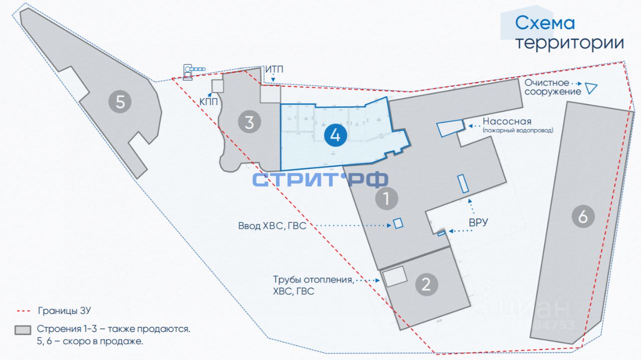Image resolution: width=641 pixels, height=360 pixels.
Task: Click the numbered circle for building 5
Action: (120, 102)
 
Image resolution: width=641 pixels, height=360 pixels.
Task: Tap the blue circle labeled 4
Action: (336, 135)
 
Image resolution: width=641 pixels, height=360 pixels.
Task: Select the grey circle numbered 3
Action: (249, 122)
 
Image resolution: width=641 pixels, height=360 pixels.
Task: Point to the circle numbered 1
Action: (387, 199)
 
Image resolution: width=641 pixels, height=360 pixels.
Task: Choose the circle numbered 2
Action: (426, 284)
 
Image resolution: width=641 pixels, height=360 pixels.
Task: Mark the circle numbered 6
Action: (583, 217)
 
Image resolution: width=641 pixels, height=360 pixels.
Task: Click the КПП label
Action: (209, 102)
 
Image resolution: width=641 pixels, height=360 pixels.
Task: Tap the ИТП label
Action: (274, 69)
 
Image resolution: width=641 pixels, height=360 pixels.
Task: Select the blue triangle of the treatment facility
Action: (591, 89)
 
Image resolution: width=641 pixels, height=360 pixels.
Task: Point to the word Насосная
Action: (507, 122)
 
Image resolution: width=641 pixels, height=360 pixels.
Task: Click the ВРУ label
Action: (478, 222)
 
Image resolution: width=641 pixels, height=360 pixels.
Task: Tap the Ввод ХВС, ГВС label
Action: (272, 226)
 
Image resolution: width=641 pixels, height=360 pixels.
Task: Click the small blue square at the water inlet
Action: (398, 223)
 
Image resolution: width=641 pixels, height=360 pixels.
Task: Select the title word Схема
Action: (545, 23)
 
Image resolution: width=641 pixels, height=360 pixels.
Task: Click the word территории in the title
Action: (570, 43)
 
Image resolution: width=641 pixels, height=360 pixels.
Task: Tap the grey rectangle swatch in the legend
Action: (24, 330)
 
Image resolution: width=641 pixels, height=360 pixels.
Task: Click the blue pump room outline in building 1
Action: (450, 128)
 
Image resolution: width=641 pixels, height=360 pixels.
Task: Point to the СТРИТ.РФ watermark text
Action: (320, 179)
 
